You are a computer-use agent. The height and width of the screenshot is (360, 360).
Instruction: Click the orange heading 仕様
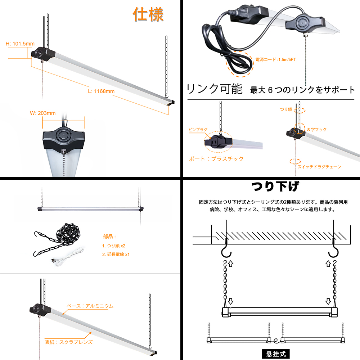(x=148, y=14)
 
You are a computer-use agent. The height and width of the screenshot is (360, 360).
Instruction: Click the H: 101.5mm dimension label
(x=20, y=44)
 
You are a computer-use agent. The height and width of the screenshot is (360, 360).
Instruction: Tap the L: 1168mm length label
(x=101, y=91)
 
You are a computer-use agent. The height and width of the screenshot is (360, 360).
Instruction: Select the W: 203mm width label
(x=43, y=113)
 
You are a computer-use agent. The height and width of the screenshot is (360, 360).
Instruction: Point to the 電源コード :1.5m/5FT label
(x=275, y=59)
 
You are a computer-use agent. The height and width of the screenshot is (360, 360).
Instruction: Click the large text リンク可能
(x=215, y=89)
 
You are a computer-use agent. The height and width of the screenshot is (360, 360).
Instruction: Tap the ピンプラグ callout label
(x=198, y=130)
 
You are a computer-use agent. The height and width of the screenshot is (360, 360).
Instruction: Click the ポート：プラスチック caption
(x=216, y=159)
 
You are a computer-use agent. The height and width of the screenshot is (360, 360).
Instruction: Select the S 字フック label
(x=317, y=130)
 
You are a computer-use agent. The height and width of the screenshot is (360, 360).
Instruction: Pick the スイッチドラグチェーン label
(x=319, y=167)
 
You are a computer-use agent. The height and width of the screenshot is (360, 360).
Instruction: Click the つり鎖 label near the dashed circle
(x=286, y=109)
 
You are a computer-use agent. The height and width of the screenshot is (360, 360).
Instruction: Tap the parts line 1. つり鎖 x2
(x=114, y=246)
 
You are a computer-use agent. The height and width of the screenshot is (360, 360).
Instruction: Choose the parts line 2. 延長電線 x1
(x=116, y=254)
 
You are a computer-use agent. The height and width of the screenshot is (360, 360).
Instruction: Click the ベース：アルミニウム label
(x=90, y=306)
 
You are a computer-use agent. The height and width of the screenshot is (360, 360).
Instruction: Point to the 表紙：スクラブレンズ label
(x=69, y=342)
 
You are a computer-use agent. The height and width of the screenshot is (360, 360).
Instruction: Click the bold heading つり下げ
(x=275, y=186)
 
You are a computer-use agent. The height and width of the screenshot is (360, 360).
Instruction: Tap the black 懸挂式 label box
(x=276, y=354)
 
